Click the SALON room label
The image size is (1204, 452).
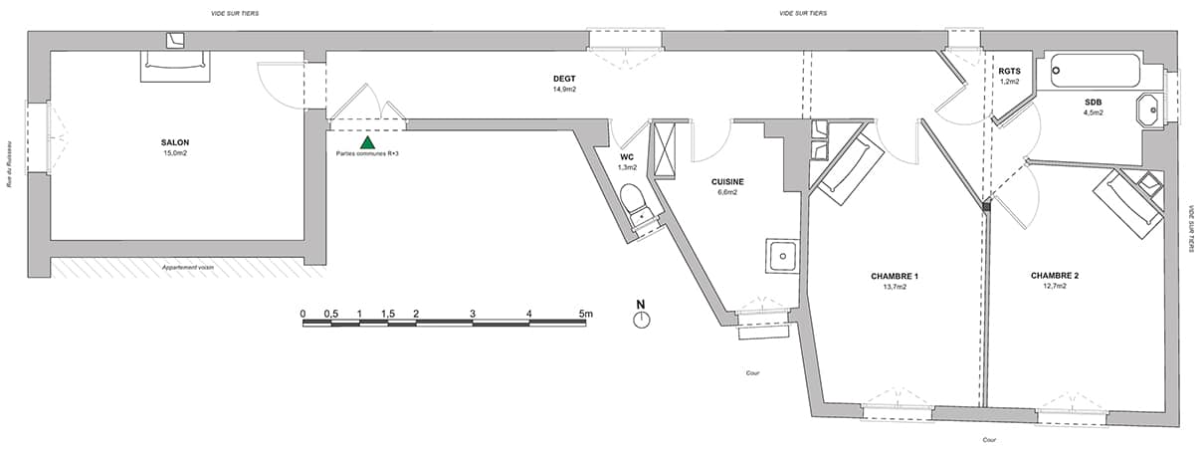[175, 142]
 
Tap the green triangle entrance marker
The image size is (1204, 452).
[367, 142]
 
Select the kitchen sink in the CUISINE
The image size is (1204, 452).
[783, 256]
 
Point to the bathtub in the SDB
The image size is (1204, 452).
[1096, 70]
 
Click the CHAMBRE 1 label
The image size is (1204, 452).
[895, 277]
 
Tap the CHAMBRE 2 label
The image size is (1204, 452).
[1055, 276]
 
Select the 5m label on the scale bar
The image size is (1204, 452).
[586, 314]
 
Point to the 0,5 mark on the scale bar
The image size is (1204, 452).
[331, 314]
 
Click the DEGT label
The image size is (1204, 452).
[564, 79]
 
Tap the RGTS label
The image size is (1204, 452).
[1009, 71]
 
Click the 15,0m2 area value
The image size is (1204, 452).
[175, 153]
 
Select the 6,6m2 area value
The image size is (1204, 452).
[727, 192]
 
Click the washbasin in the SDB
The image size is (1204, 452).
[1150, 111]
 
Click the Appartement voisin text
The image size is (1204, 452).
[188, 268]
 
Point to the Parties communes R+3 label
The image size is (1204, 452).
[367, 154]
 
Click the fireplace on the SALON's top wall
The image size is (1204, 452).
[175, 66]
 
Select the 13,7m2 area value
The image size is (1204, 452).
[895, 287]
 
